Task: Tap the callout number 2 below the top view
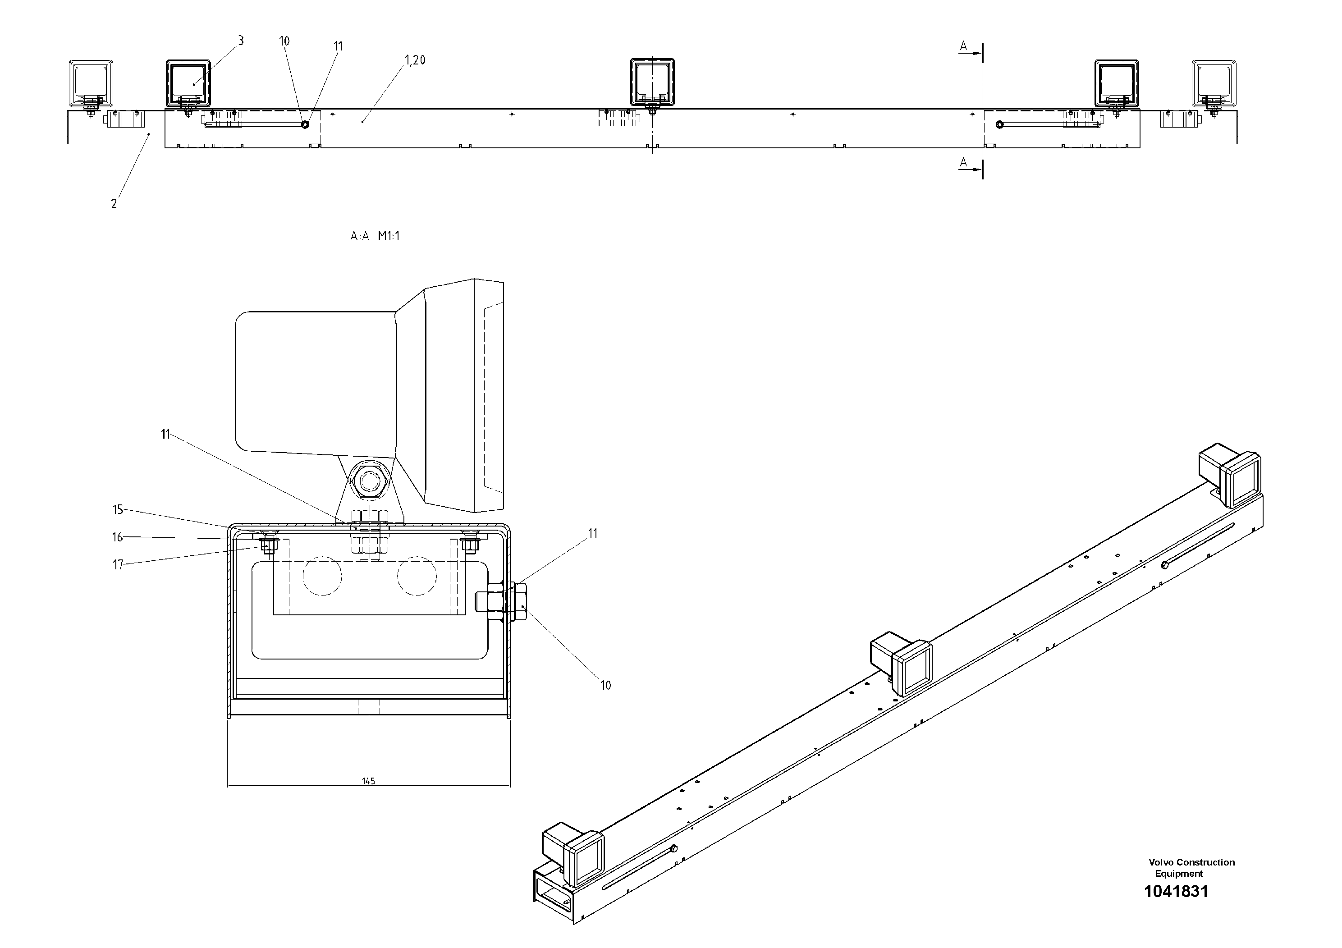(114, 203)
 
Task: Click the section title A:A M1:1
(375, 236)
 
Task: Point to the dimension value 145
(368, 781)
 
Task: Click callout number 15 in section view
(118, 510)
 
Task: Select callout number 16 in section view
(118, 537)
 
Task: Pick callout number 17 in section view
(118, 564)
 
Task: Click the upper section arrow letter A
(963, 46)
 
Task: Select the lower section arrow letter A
(963, 162)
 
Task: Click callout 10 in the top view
(284, 41)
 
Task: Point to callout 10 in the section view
(605, 685)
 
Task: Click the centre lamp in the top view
(652, 82)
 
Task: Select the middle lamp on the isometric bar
(902, 666)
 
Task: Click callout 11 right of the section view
(593, 533)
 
